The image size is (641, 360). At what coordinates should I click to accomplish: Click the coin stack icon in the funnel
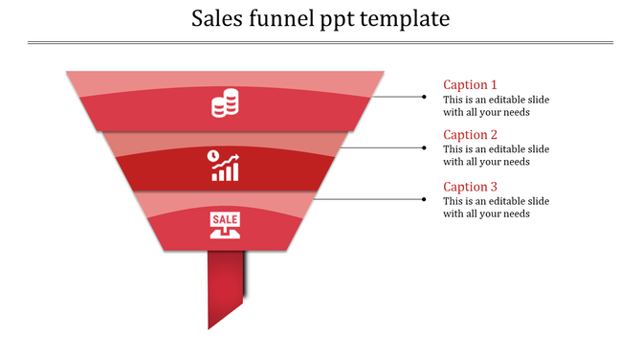point(225,103)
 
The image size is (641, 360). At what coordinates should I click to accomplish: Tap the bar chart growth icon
point(225,165)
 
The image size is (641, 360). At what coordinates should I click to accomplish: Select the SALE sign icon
point(225,225)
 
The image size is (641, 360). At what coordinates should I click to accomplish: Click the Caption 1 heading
point(470,84)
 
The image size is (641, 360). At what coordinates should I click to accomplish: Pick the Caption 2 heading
point(470,135)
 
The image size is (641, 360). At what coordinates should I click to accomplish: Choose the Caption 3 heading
point(470,187)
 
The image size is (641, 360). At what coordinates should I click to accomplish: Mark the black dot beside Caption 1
point(424,96)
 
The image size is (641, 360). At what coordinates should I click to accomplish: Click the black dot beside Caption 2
point(424,147)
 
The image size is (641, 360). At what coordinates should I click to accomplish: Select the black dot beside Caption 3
point(424,199)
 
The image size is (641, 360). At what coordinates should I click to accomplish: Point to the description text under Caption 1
point(496,105)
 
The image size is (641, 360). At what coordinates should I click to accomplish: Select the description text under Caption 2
point(496,155)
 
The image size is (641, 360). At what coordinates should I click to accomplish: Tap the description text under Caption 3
point(496,207)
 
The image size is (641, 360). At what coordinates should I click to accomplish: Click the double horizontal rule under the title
point(320,42)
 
